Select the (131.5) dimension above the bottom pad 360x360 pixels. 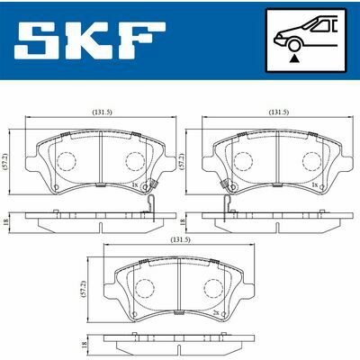click(180, 241)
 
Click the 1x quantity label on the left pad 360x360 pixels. click(135, 184)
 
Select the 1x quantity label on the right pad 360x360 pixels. click(315, 184)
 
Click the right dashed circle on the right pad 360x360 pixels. click(311, 162)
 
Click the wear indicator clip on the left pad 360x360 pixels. click(154, 193)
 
